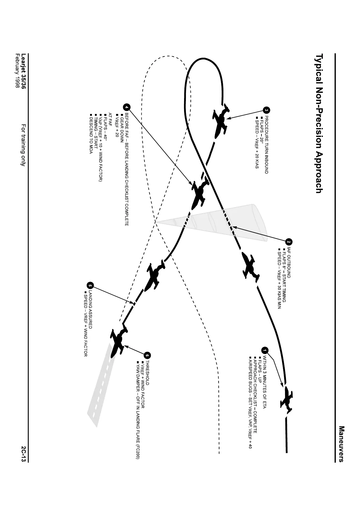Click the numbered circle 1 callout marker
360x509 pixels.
coord(265,350)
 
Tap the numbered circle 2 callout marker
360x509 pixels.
coord(289,242)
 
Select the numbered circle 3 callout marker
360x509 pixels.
coord(266,110)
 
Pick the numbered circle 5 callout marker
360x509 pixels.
coord(90,286)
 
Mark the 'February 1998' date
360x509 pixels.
coord(17,71)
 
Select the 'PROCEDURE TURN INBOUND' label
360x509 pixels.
coord(266,144)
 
